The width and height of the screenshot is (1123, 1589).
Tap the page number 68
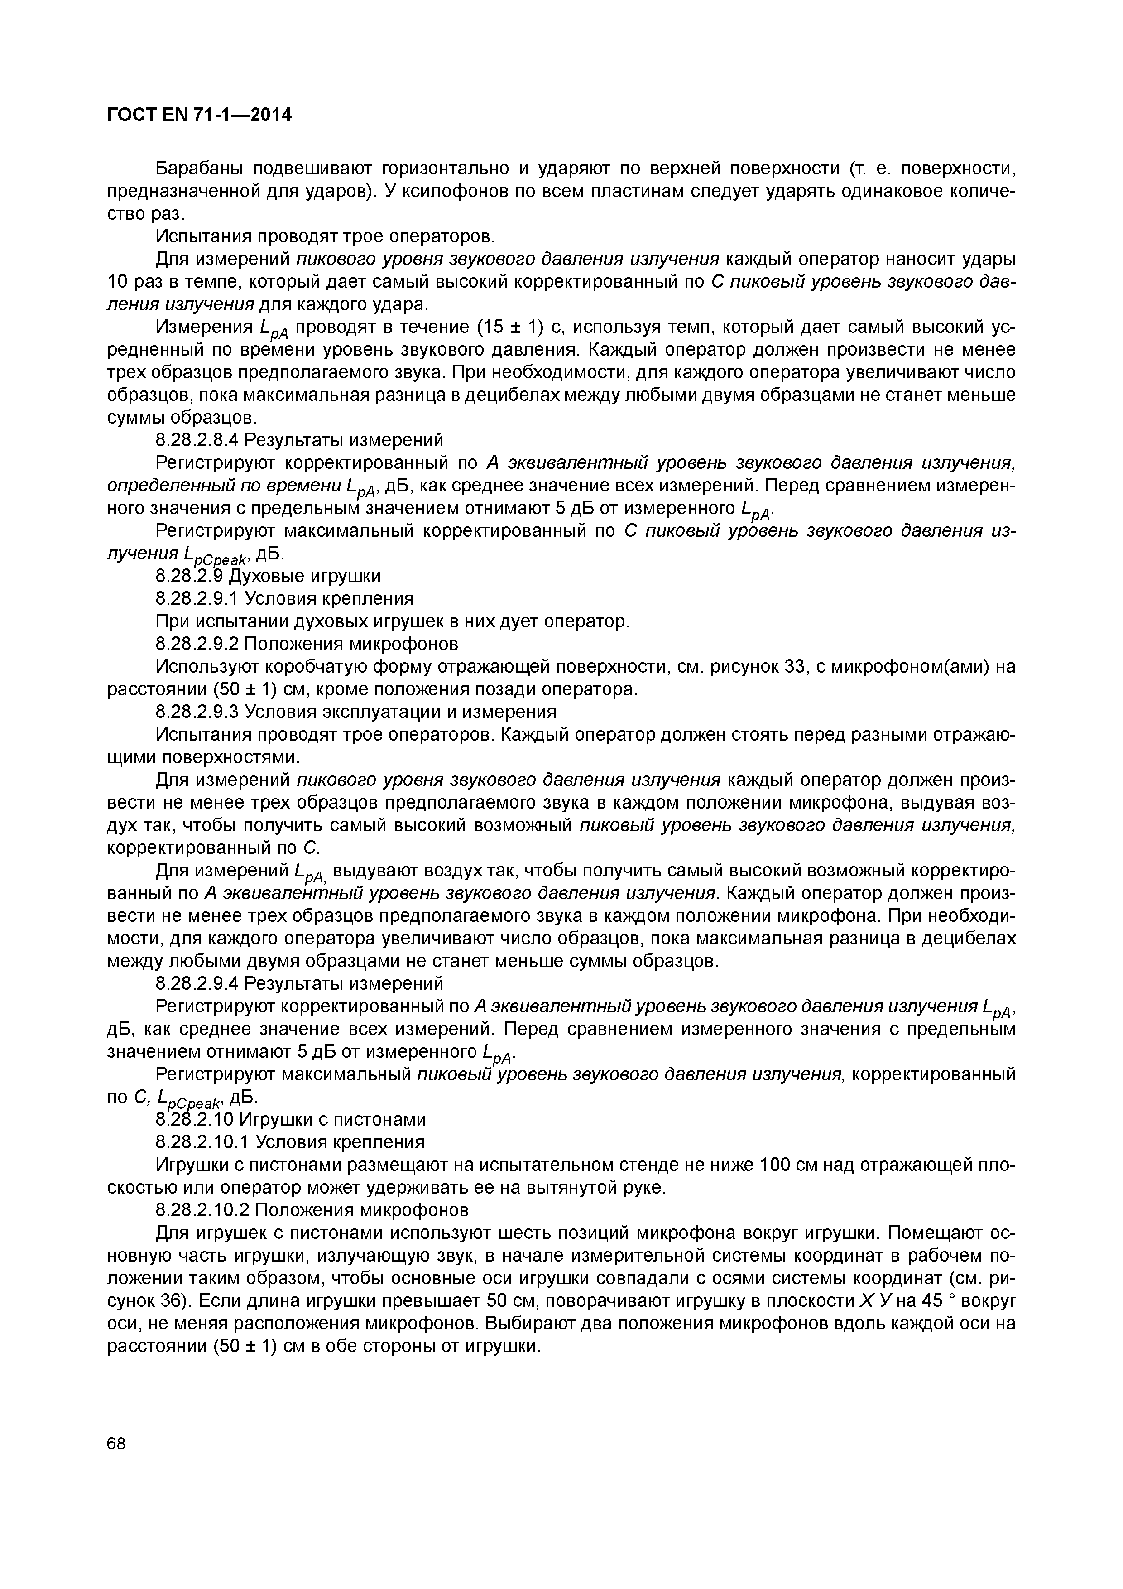click(117, 1443)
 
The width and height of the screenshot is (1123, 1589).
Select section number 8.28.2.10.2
click(202, 1210)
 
